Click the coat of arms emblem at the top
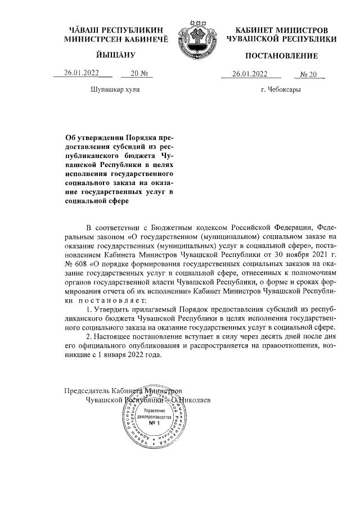pos(196,43)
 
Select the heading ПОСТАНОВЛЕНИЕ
pos(281,56)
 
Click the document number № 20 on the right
pos(309,73)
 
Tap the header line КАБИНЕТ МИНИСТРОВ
pos(282,28)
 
